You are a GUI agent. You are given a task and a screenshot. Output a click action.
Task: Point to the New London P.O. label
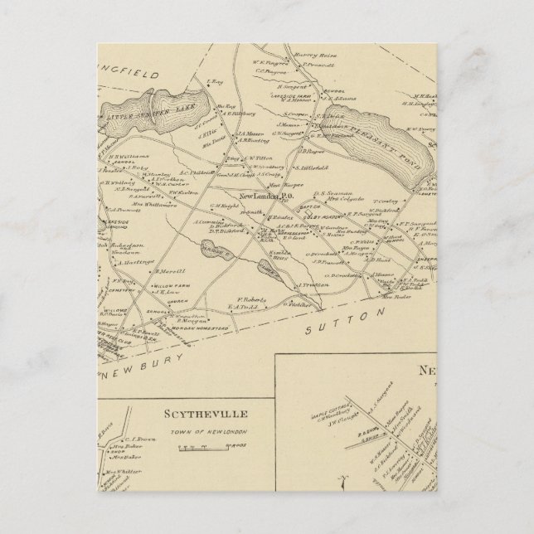coord(263,197)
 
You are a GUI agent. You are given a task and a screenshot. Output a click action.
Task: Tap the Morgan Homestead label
coord(198,328)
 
